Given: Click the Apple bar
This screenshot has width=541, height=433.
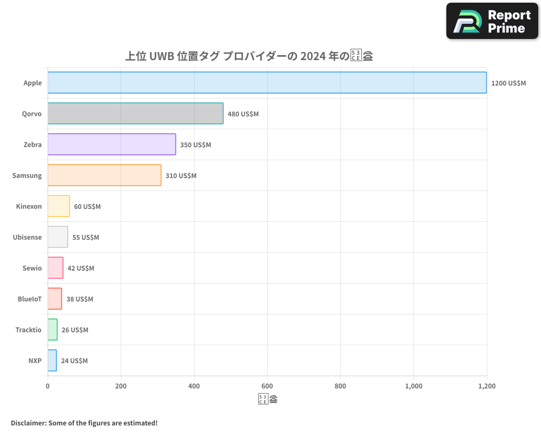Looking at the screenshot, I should [x=267, y=83].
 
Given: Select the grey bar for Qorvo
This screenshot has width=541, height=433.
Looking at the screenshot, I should [x=135, y=114].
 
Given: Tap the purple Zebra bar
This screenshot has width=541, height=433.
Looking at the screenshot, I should [x=111, y=145].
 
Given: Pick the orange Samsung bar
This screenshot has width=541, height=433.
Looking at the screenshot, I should [x=104, y=175].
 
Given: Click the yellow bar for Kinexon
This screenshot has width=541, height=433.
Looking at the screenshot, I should [x=58, y=206].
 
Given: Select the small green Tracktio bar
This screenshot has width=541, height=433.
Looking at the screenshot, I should [x=52, y=330].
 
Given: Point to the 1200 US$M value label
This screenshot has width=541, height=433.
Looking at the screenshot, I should [x=508, y=83].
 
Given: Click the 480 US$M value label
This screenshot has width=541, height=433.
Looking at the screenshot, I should [x=243, y=114].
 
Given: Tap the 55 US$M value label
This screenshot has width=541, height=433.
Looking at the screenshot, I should [x=85, y=238].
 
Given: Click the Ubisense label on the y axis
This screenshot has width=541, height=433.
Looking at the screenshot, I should [x=27, y=237].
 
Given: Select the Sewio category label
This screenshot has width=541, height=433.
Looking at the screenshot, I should [x=32, y=268].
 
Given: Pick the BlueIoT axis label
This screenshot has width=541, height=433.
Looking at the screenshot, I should [x=30, y=299].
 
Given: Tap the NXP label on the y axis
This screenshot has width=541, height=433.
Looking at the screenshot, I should [x=35, y=360].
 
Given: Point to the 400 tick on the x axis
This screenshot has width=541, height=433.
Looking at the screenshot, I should [x=194, y=386].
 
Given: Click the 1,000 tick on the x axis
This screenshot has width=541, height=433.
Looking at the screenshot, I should [x=413, y=386].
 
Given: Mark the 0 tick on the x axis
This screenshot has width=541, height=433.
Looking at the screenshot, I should [x=48, y=386].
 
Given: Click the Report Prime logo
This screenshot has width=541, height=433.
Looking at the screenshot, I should [x=492, y=21].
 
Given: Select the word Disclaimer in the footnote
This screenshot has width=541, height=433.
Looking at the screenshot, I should [x=28, y=423].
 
